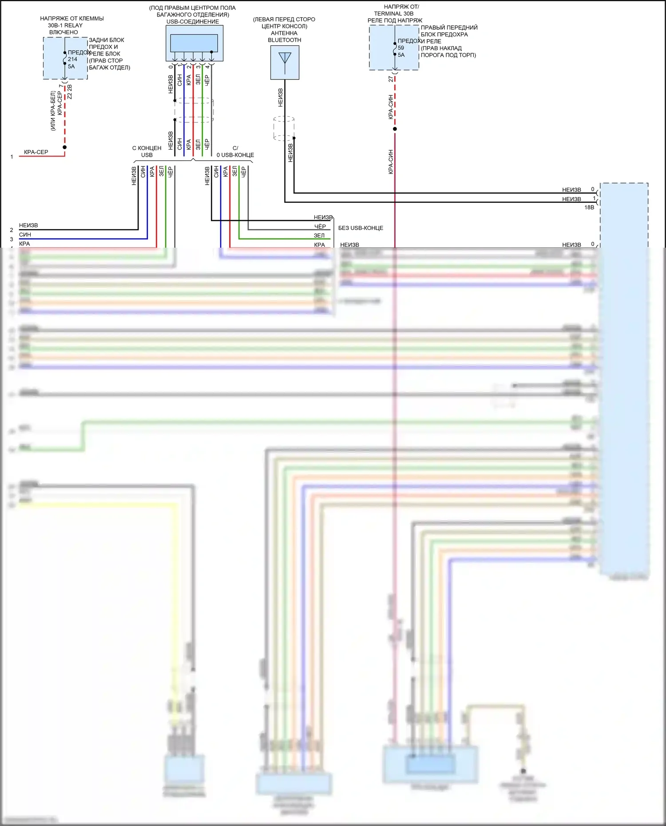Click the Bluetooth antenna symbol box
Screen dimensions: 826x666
pos(285,63)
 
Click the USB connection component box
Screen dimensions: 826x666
pos(194,43)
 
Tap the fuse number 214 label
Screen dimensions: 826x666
pos(72,59)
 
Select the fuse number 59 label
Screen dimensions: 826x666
pos(401,48)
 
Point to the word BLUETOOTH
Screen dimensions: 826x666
pos(285,40)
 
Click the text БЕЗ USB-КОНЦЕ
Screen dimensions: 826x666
pos(361,228)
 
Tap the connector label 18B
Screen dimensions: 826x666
pos(589,207)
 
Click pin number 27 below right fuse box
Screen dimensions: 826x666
pos(391,79)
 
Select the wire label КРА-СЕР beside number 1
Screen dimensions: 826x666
pos(36,152)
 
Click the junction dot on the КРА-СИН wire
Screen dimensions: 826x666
pos(395,129)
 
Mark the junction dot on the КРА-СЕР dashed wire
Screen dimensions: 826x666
pos(65,147)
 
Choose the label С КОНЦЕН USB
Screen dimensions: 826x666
pos(147,151)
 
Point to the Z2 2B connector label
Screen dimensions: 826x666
pos(70,92)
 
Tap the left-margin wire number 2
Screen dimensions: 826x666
pos(12,230)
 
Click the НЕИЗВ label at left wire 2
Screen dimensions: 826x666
pos(28,225)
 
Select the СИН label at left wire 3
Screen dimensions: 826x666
pos(25,235)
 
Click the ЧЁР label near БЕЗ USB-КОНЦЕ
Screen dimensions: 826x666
pos(320,226)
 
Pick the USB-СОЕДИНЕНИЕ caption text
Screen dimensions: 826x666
pos(193,22)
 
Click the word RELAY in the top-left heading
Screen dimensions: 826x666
pos(73,25)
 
